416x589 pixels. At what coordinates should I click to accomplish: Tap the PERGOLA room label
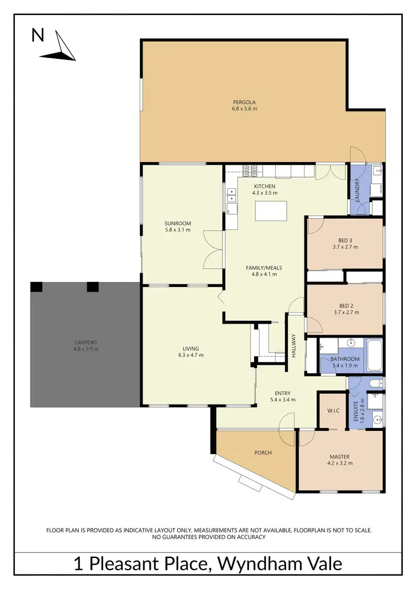[x=244, y=102]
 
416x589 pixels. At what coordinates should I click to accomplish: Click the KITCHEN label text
[x=265, y=186]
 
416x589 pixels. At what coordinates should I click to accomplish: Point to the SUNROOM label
[x=177, y=223]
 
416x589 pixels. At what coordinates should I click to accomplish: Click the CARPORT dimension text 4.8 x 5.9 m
[x=86, y=349]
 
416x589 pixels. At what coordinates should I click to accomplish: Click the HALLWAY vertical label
[x=294, y=345]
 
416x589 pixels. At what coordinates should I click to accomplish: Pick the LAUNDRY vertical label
[x=358, y=189]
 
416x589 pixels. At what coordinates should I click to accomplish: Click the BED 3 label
[x=346, y=240]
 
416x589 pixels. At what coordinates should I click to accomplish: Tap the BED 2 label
[x=346, y=305]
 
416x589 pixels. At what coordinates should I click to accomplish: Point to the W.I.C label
[x=333, y=411]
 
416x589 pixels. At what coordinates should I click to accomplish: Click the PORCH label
[x=263, y=452]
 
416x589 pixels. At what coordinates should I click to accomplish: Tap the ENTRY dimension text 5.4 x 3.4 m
[x=282, y=399]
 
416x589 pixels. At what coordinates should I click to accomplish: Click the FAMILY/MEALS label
[x=264, y=268]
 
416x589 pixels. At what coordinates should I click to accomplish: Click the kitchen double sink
[x=232, y=195]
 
